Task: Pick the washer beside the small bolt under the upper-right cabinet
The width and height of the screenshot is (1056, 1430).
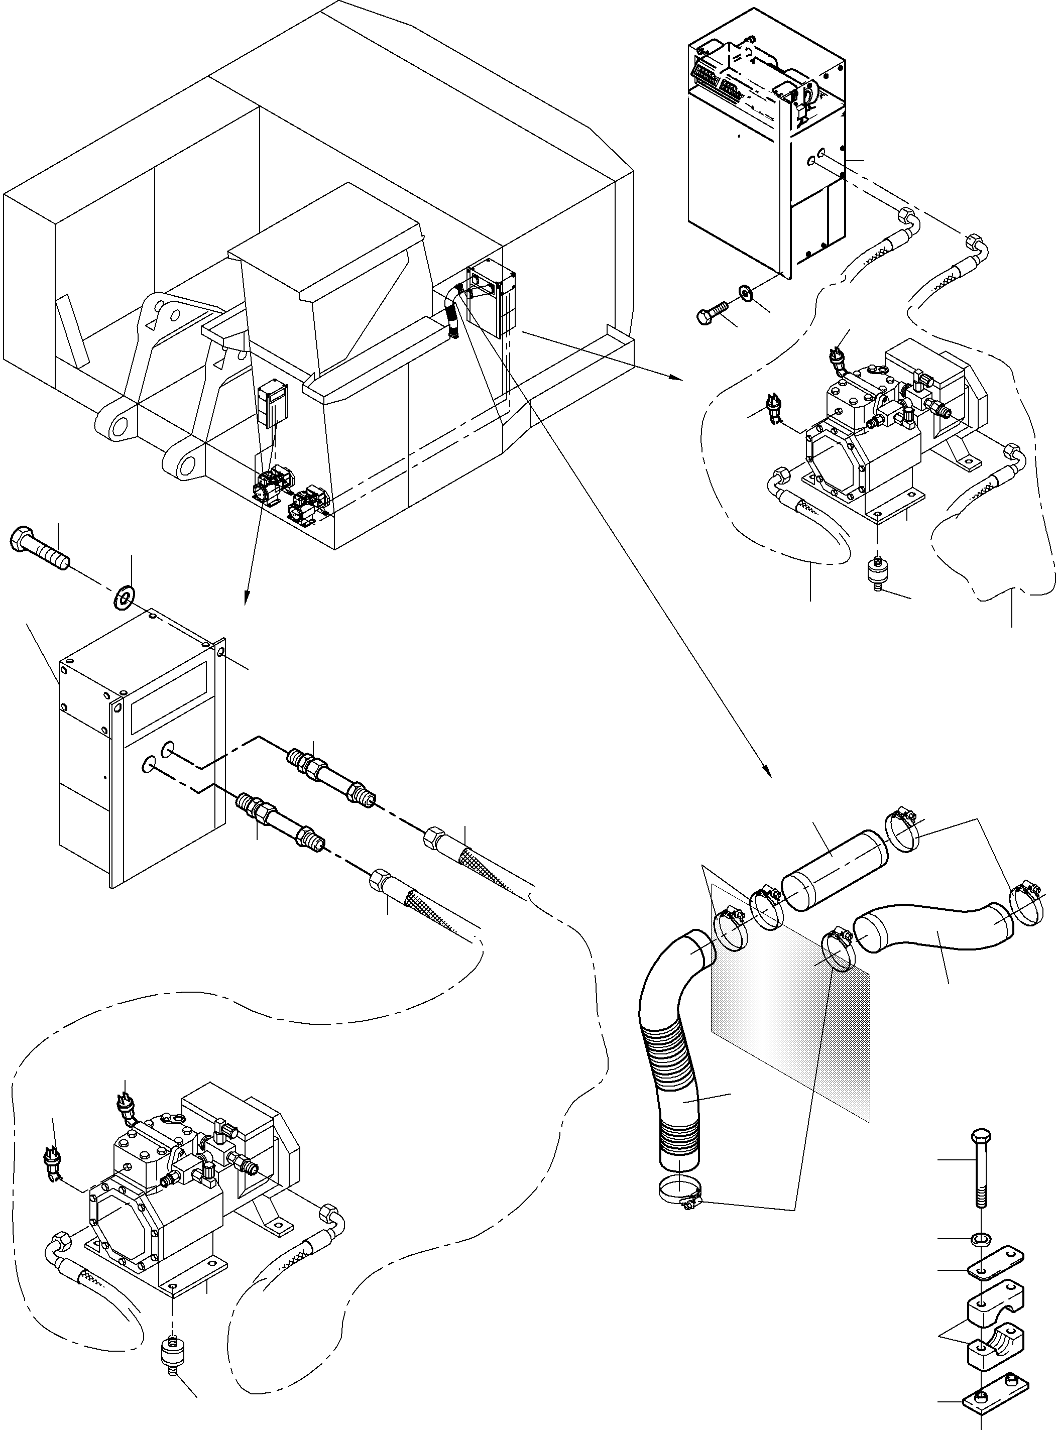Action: click(x=745, y=292)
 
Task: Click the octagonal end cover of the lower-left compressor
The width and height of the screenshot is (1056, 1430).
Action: click(x=122, y=1229)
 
